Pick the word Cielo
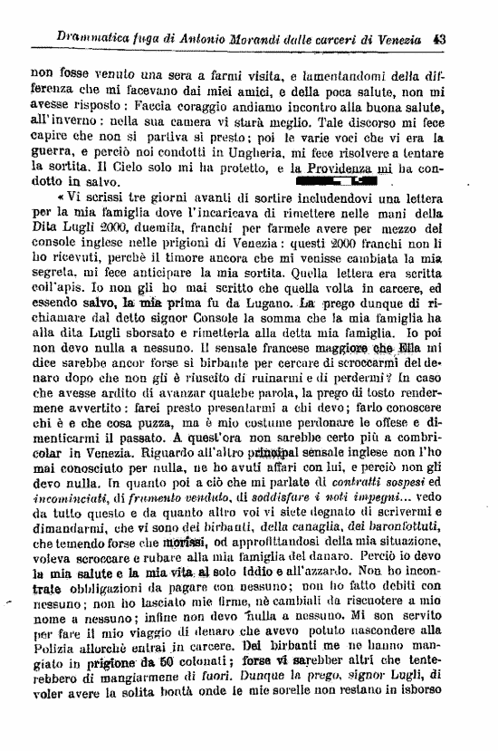pos(130,168)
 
